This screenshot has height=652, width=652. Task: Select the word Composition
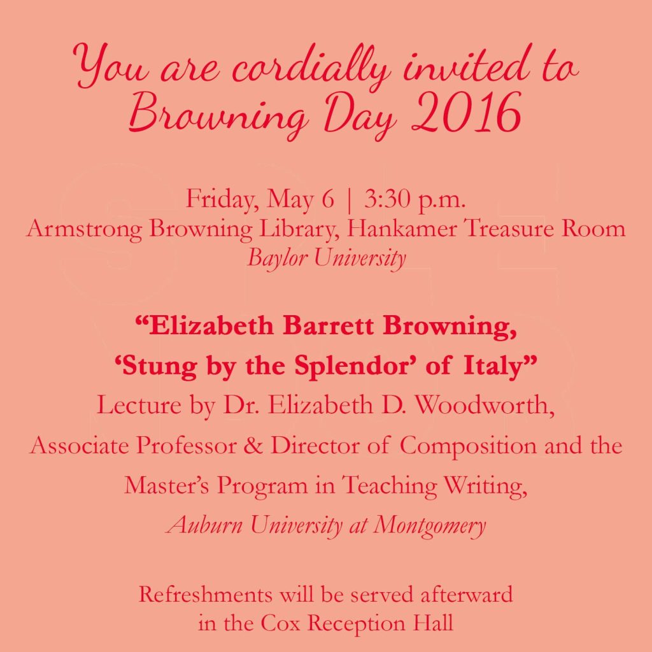[x=469, y=445]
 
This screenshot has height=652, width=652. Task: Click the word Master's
[x=167, y=485]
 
